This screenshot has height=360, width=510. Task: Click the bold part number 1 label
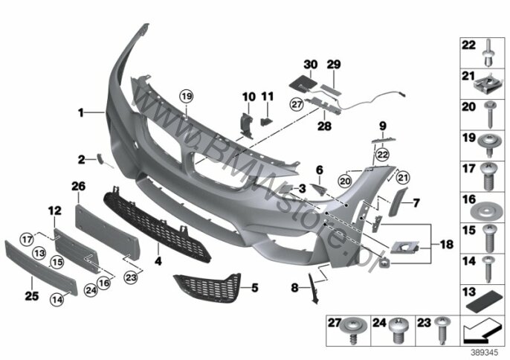click(80, 113)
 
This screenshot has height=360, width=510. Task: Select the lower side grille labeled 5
click(208, 288)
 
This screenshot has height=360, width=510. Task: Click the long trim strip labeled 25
click(41, 268)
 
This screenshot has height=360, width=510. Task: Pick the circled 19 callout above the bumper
click(187, 97)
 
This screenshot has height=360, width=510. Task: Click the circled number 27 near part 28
click(297, 104)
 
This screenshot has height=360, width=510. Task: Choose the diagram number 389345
click(485, 353)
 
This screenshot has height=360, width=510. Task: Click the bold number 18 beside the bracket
click(447, 244)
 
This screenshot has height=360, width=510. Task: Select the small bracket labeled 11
click(266, 121)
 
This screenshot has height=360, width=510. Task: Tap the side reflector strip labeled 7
click(398, 202)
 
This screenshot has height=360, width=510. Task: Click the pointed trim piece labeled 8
click(313, 289)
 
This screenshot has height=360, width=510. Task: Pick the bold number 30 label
click(310, 65)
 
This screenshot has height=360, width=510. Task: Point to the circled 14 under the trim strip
click(57, 300)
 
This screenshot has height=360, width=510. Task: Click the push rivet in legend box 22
click(489, 54)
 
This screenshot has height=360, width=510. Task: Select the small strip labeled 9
click(384, 141)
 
